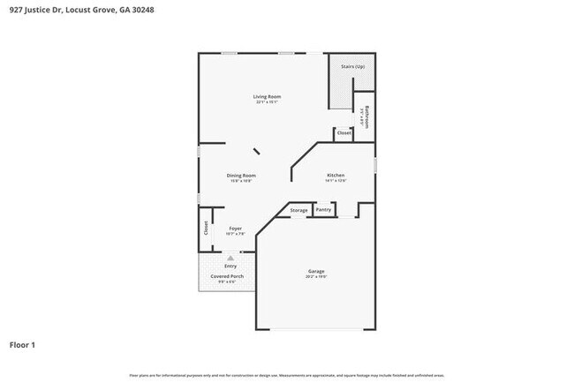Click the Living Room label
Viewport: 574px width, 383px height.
(x=267, y=96)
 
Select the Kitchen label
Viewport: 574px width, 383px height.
(x=335, y=176)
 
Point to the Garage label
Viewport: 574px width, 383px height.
(x=316, y=271)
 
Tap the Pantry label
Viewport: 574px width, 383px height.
(x=323, y=210)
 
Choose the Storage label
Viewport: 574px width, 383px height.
(x=298, y=210)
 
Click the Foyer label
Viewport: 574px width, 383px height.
(x=236, y=229)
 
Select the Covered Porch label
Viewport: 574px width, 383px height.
(x=227, y=276)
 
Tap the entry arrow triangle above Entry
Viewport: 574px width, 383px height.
(x=230, y=258)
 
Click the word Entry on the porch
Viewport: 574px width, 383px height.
(x=230, y=266)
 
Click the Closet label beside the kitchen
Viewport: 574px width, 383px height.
(x=344, y=133)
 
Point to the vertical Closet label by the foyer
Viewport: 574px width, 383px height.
(x=206, y=228)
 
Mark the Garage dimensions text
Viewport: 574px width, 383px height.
(x=316, y=277)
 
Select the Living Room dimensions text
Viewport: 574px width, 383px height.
(x=267, y=102)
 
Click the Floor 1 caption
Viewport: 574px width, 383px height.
(x=23, y=344)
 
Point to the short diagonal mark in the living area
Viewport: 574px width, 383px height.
(x=257, y=152)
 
